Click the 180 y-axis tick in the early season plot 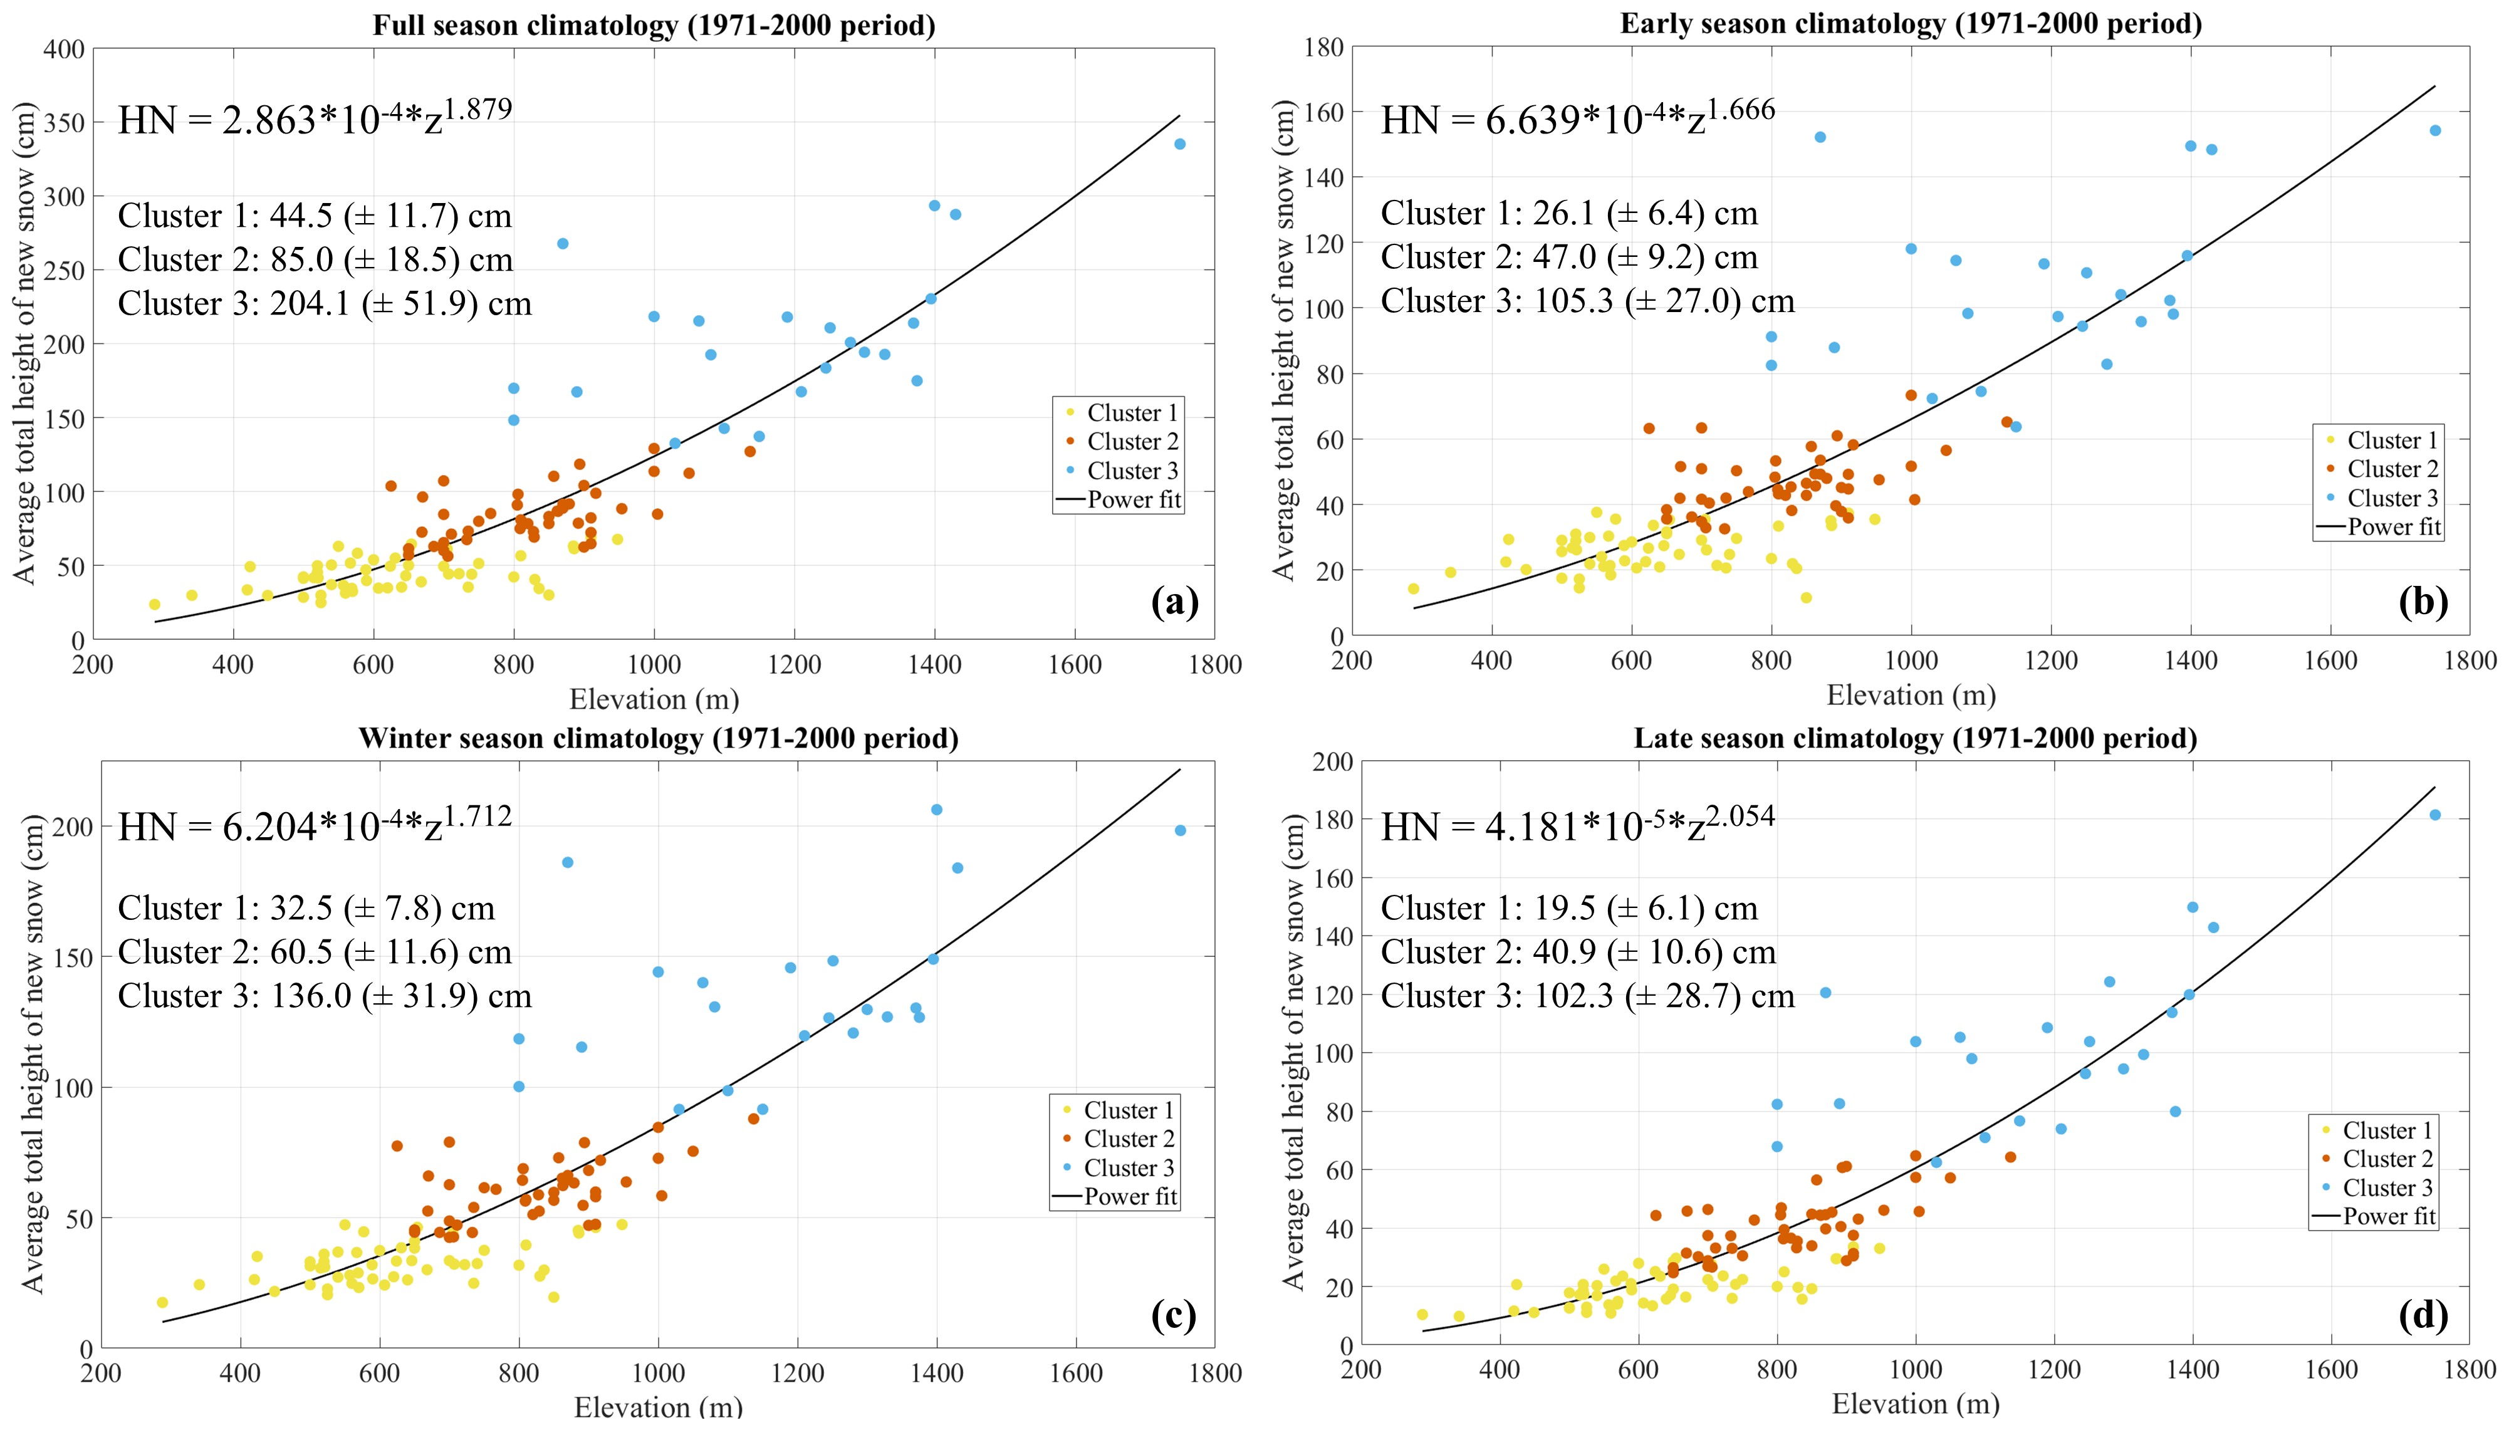(1323, 47)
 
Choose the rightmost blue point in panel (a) (1179, 144)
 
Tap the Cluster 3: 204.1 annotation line (324, 303)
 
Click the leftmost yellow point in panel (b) (1413, 589)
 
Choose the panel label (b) (2423, 602)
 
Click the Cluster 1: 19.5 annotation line (1568, 909)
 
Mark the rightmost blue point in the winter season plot (1179, 831)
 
